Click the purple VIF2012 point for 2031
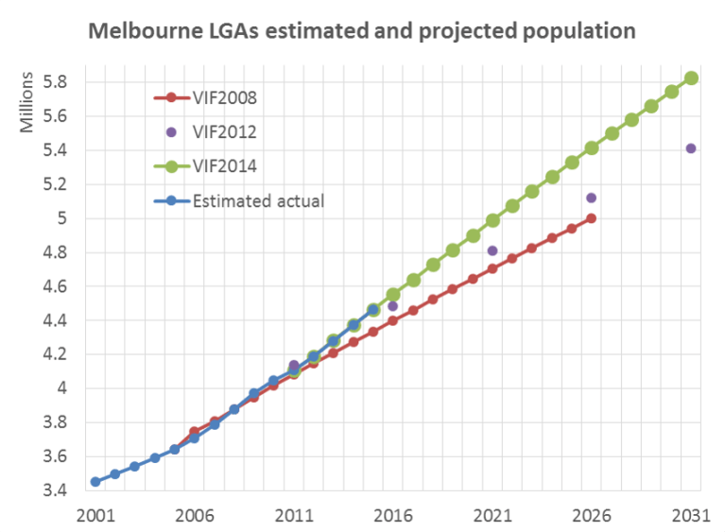691,148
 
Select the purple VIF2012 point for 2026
592,197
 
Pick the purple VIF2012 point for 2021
492,250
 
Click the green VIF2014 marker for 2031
691,77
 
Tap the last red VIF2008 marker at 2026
592,218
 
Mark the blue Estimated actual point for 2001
95,482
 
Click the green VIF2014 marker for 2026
592,147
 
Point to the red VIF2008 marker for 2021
492,268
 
